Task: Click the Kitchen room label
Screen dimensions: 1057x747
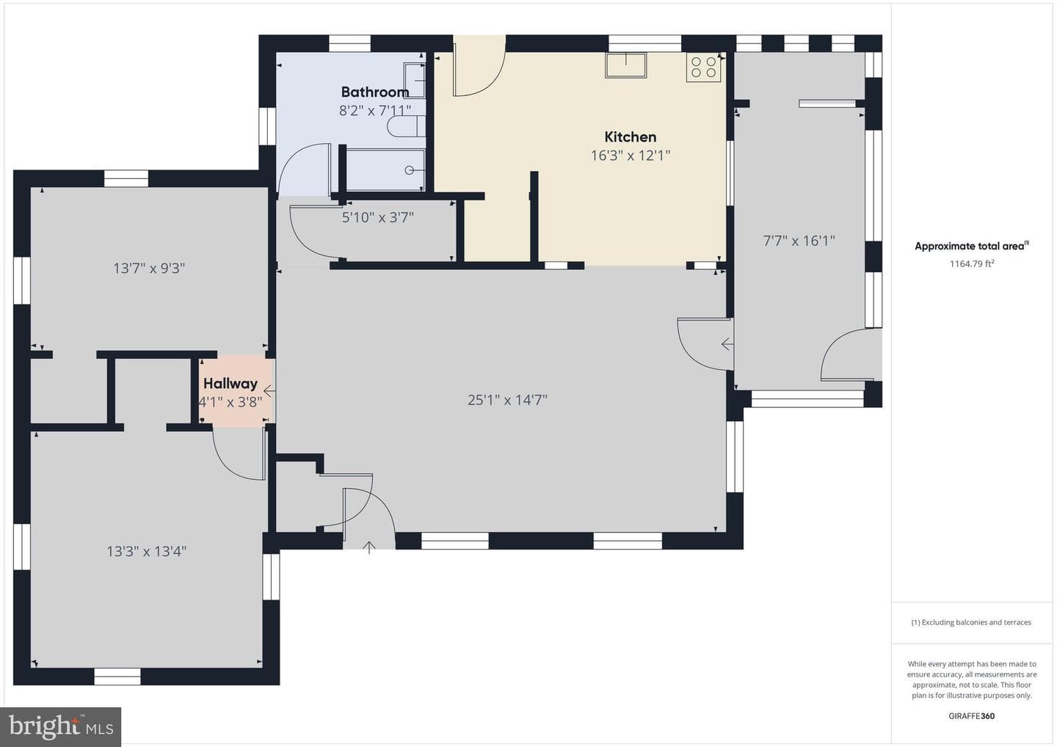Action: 630,136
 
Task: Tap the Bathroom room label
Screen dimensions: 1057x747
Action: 375,92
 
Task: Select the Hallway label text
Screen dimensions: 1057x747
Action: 230,383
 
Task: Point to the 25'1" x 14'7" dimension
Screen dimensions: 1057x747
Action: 507,400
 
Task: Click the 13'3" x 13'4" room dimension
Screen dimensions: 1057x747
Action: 146,551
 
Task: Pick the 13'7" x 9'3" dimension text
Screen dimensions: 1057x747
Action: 148,268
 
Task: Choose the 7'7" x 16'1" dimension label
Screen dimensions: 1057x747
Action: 799,241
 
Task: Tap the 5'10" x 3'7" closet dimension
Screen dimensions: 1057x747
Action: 377,217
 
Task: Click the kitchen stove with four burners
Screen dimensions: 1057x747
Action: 703,68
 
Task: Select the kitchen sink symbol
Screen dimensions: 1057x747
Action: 626,65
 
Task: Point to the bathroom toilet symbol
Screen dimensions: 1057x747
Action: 407,126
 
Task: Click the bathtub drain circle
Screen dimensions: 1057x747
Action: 409,170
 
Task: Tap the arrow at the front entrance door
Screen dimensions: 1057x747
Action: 369,547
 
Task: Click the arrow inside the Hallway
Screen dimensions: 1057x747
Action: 269,391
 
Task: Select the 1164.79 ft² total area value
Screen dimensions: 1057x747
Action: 972,263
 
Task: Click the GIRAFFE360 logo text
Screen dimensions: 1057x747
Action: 972,716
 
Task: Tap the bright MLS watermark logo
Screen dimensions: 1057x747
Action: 61,726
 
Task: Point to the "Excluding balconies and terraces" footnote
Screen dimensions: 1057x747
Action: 971,622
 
